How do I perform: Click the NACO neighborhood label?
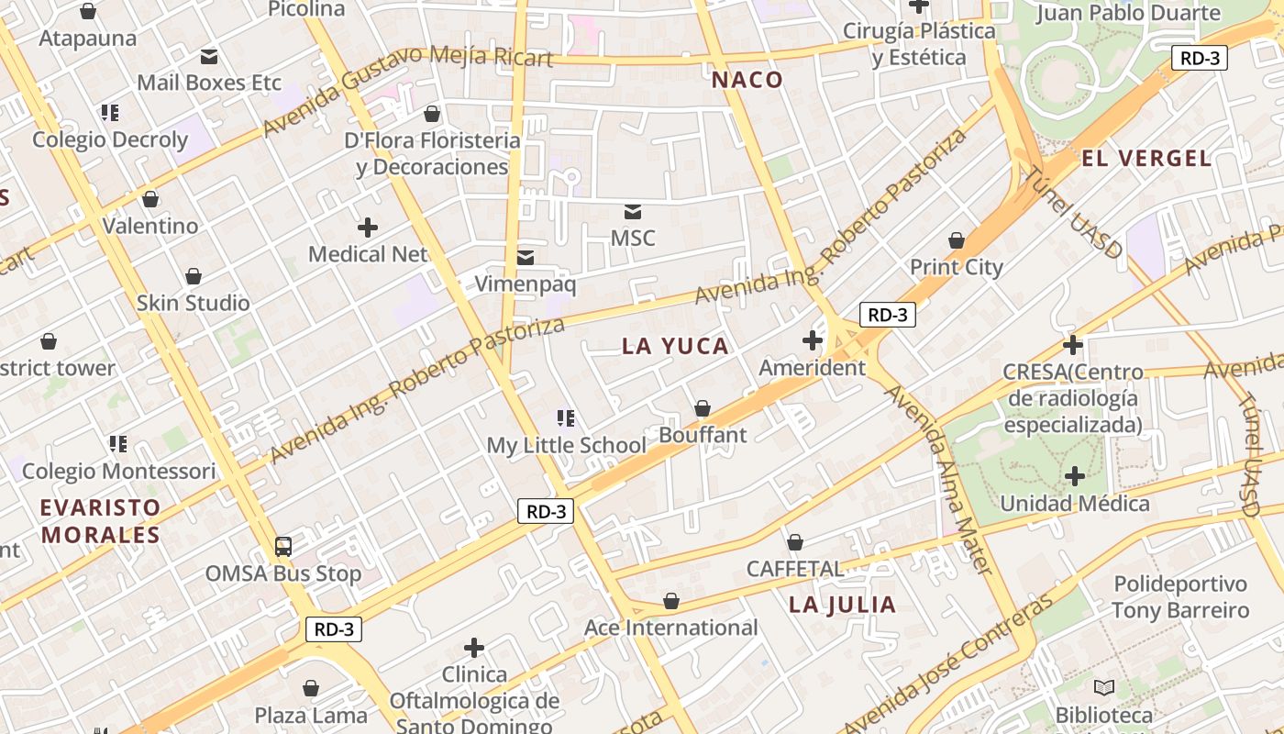coord(747,80)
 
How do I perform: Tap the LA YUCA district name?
coord(675,346)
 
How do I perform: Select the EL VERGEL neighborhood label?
coord(1146,158)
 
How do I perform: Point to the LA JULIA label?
coord(842,604)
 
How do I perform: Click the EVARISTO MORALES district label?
coord(101,520)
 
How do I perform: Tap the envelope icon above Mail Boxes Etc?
coord(209,57)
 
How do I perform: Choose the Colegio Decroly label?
coord(110,139)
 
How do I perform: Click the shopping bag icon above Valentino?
coord(150,199)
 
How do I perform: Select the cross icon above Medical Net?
coord(368,227)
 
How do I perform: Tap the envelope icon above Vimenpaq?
coord(526,258)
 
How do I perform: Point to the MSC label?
coord(633,239)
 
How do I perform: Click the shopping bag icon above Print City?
coord(957,240)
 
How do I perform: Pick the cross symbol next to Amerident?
coord(813,340)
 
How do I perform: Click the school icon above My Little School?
coord(566,418)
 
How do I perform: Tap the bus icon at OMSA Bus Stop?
coord(283,547)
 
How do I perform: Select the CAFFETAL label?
coord(794,569)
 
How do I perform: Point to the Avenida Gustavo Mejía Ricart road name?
coord(407,83)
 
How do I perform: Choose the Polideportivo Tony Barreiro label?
coord(1180,597)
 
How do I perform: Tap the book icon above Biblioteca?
coord(1104,687)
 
